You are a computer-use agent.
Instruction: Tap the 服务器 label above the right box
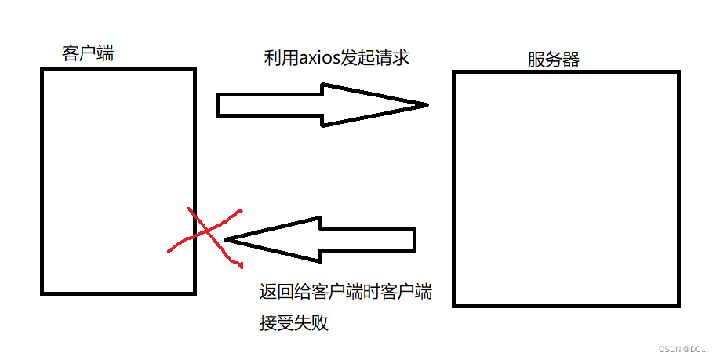coord(554,60)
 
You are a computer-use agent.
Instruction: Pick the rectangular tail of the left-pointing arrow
coord(369,238)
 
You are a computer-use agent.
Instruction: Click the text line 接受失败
coord(294,322)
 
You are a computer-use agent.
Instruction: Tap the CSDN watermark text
coord(682,348)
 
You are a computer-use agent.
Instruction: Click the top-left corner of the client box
coord(42,71)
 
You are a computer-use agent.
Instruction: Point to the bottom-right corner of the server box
coord(679,304)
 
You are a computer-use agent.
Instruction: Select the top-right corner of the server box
coord(679,72)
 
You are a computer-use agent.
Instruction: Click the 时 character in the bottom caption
coord(372,293)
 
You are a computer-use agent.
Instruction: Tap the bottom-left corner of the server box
coord(454,304)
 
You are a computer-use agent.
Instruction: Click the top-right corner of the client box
coord(194,71)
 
